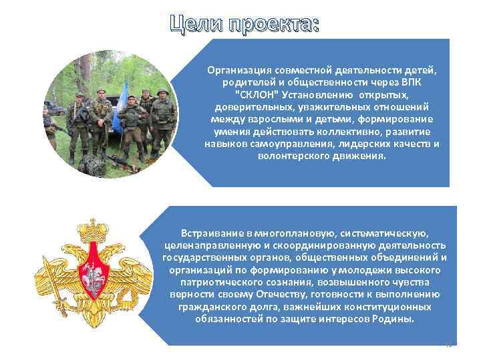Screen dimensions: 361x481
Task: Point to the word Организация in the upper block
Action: [x=236, y=70]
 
